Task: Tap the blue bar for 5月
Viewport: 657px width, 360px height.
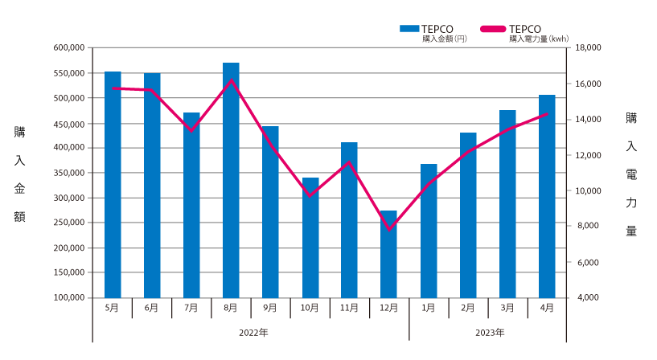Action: point(113,185)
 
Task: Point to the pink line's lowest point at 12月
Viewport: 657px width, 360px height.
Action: point(389,230)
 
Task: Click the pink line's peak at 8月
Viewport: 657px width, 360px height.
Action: point(231,80)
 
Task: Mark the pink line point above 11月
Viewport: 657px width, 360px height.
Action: point(349,162)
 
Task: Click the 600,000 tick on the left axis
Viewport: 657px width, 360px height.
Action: point(71,48)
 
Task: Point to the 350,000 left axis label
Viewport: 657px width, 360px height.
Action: point(71,173)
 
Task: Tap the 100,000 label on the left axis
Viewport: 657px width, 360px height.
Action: point(71,297)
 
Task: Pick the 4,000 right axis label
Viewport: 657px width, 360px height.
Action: point(586,297)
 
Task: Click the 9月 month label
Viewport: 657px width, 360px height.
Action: point(270,308)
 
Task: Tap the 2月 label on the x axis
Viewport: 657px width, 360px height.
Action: point(468,308)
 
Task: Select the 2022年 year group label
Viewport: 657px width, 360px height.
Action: point(251,331)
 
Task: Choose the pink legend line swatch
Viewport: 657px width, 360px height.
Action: point(493,29)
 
